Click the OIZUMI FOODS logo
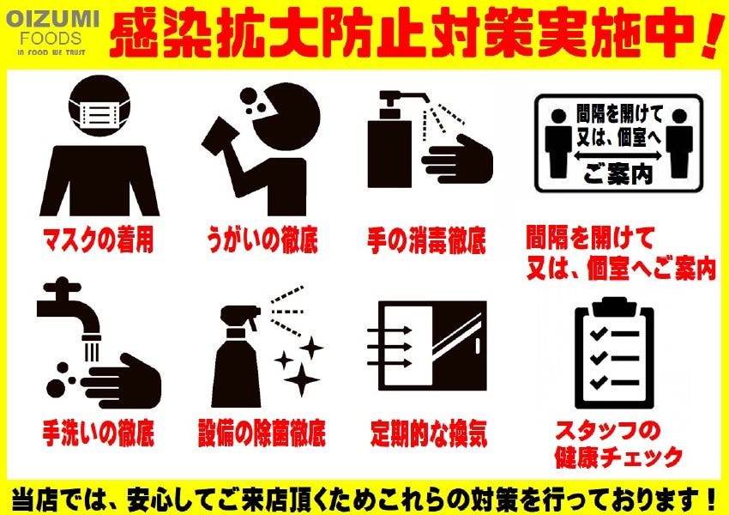point(52,33)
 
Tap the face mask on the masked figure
point(99,113)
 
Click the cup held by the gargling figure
point(220,134)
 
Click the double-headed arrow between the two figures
point(618,156)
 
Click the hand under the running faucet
point(122,380)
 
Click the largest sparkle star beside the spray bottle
point(302,379)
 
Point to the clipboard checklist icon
point(614,352)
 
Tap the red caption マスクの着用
point(98,240)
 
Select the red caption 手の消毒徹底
point(426,240)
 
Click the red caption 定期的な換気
point(429,433)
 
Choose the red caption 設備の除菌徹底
point(262,433)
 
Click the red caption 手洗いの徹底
point(98,433)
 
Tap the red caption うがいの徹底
point(262,240)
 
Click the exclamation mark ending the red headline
point(711,35)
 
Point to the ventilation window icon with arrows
point(427,346)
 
